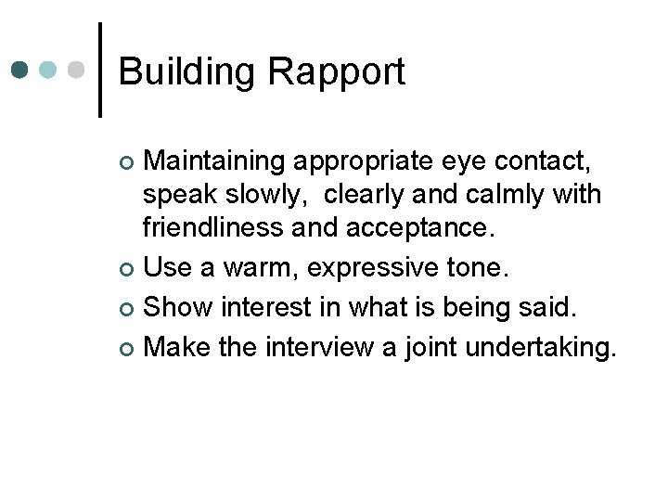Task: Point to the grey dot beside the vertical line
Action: tap(78, 70)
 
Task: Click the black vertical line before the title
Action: tap(100, 70)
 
